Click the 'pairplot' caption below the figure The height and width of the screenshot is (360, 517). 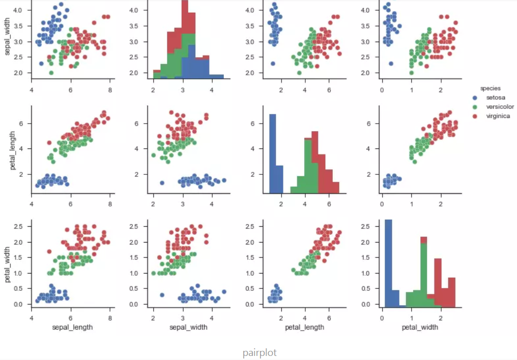pyautogui.click(x=260, y=352)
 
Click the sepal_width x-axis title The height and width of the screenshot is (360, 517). pyautogui.click(x=188, y=327)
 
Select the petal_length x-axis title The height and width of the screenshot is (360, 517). pyautogui.click(x=305, y=327)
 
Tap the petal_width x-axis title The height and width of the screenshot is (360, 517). pyautogui.click(x=420, y=327)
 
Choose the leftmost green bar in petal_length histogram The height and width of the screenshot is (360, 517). pyautogui.click(x=294, y=190)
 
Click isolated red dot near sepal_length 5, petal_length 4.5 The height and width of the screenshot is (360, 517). pyautogui.click(x=49, y=142)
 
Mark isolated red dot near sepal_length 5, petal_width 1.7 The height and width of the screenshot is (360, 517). pyautogui.click(x=49, y=251)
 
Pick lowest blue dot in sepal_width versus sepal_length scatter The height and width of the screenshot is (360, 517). pyautogui.click(x=41, y=64)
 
